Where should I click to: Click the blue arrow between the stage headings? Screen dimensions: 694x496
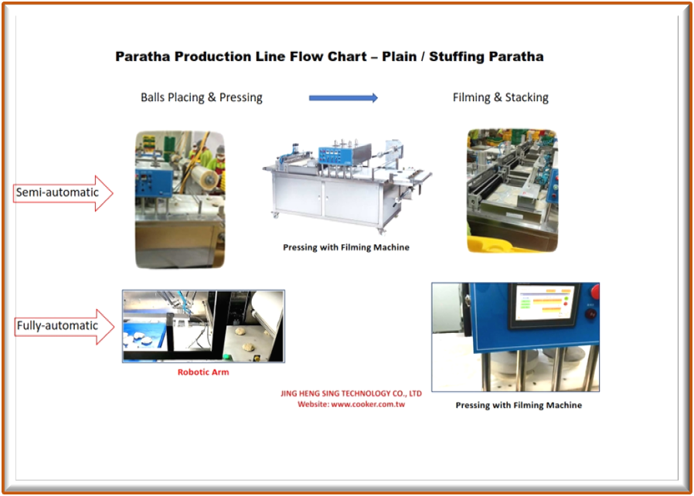(x=343, y=97)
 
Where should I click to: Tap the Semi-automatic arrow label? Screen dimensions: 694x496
(x=58, y=192)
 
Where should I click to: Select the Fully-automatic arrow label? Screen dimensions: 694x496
(x=59, y=325)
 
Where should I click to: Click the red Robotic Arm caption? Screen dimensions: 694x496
(x=203, y=372)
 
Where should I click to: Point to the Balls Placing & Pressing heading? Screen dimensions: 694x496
(x=201, y=97)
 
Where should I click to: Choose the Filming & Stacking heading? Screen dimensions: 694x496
(x=500, y=97)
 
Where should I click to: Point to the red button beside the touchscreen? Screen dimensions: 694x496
(x=594, y=291)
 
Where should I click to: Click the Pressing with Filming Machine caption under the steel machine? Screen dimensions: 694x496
(x=345, y=247)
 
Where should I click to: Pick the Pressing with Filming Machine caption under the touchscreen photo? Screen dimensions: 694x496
(x=518, y=405)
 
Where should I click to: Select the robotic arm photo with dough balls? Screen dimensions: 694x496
(x=203, y=326)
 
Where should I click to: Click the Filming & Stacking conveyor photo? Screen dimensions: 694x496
(x=511, y=190)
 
